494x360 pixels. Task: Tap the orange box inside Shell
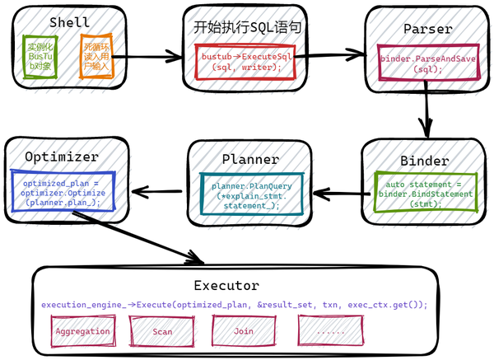point(94,55)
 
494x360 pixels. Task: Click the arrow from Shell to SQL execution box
point(155,57)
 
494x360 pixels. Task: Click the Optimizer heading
point(62,156)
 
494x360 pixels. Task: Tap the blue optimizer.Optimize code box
point(61,192)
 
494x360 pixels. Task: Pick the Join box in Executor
point(243,331)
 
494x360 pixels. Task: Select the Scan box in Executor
point(163,331)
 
